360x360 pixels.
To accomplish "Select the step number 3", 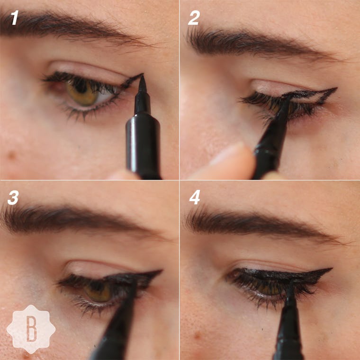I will pyautogui.click(x=13, y=198).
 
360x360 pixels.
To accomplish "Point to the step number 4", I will pyautogui.click(x=195, y=198).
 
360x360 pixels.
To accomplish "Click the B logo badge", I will pyautogui.click(x=31, y=329).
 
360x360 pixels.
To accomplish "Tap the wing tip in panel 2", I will pyautogui.click(x=335, y=89).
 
